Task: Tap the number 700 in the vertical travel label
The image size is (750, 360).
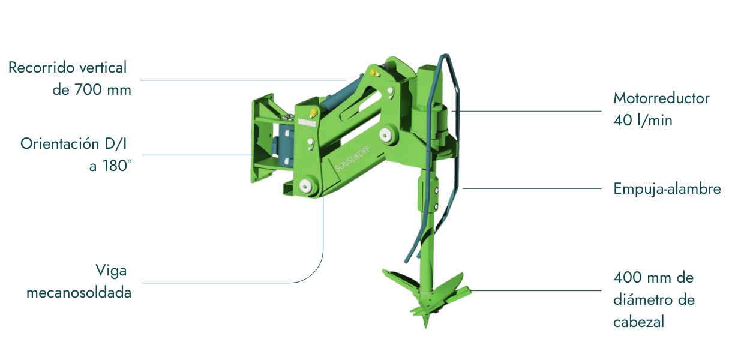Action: coord(88,90)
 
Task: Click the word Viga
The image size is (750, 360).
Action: coord(111,271)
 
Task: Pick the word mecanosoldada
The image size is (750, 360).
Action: coord(79,293)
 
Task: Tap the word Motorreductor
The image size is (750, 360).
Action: coord(661,98)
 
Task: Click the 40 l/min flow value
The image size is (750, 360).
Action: coord(643,120)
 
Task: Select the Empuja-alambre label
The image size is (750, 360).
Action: coord(667,189)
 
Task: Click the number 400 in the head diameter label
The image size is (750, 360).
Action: coord(628,278)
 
